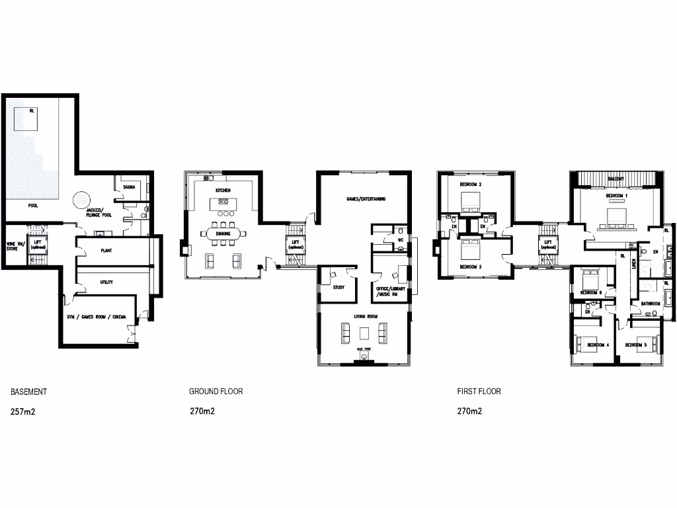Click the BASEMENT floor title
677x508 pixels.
[28, 392]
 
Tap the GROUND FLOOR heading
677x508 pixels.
[216, 392]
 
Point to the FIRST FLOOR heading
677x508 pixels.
[479, 392]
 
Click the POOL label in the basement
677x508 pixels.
[33, 206]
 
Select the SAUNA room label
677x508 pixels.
[129, 187]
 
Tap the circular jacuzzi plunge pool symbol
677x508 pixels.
[82, 199]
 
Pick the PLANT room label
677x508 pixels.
[106, 251]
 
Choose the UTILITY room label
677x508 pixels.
[106, 282]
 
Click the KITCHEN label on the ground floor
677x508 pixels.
[222, 190]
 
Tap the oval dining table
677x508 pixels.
[223, 233]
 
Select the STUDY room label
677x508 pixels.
[338, 287]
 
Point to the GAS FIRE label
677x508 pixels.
[364, 349]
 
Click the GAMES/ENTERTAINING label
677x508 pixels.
[366, 198]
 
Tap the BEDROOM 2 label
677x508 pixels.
[471, 184]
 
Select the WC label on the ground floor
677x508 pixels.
[401, 240]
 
